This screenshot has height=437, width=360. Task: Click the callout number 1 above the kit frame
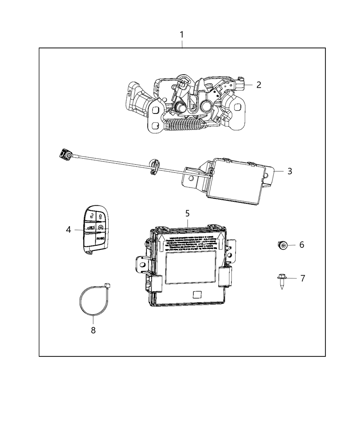click(x=182, y=35)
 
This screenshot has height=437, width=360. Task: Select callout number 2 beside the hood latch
click(x=259, y=85)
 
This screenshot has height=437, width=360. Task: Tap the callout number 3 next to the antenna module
click(x=290, y=171)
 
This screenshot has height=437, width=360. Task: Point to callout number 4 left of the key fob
click(x=69, y=229)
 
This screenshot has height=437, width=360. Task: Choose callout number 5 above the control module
click(x=187, y=213)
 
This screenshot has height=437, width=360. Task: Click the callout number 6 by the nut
click(x=302, y=245)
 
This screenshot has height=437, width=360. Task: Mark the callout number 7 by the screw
click(x=302, y=278)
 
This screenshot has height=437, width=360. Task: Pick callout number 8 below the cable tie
click(x=93, y=330)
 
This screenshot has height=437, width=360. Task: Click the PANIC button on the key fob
click(x=100, y=238)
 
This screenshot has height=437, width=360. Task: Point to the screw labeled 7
click(x=281, y=279)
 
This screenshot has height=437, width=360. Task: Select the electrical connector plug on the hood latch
click(x=239, y=83)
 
